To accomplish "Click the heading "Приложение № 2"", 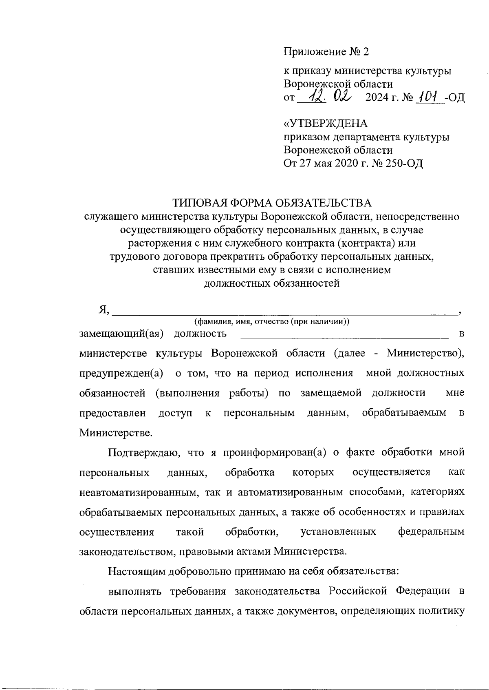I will (326, 52).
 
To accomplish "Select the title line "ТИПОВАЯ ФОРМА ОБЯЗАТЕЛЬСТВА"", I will (272, 203).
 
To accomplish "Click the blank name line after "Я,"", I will (284, 312).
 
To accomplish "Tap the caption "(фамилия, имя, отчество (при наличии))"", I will (272, 321).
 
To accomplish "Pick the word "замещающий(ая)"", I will (121, 334).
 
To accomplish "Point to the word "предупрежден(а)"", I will (121, 373).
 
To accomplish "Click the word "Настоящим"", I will (132, 571).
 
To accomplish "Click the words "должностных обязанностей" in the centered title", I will (271, 283).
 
